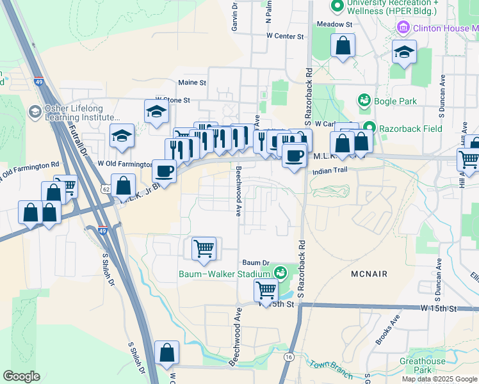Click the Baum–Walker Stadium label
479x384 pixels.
click(x=225, y=275)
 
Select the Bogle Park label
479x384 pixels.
click(x=396, y=101)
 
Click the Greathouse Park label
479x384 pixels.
click(x=422, y=365)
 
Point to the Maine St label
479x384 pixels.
click(x=192, y=83)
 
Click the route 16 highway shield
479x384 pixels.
click(x=289, y=357)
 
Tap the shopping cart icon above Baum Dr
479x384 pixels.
click(x=204, y=248)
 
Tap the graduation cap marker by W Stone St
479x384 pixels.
click(x=156, y=113)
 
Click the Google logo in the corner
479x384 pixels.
click(x=22, y=376)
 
